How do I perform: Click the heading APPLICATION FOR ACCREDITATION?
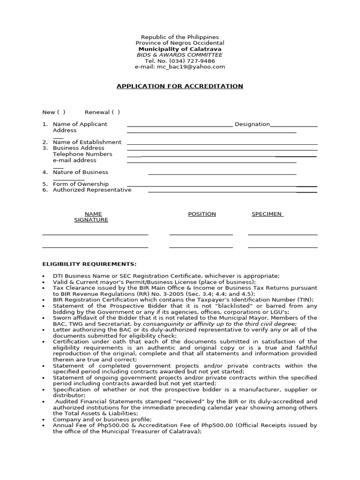pyautogui.click(x=180, y=86)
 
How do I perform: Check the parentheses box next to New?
pyautogui.click(x=61, y=112)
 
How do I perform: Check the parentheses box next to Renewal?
pyautogui.click(x=116, y=112)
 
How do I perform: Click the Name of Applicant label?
pyautogui.click(x=80, y=124)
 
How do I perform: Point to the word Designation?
pyautogui.click(x=252, y=124)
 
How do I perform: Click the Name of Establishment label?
pyautogui.click(x=87, y=142)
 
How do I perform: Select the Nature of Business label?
pyautogui.click(x=80, y=172)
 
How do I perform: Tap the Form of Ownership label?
pyautogui.click(x=81, y=184)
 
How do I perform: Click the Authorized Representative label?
pyautogui.click(x=92, y=190)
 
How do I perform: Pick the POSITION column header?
pyautogui.click(x=202, y=214)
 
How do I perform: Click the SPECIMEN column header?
pyautogui.click(x=267, y=214)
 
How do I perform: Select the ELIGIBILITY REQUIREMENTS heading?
pyautogui.click(x=90, y=264)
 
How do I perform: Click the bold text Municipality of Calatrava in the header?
pyautogui.click(x=180, y=49)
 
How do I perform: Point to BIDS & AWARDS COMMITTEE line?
pyautogui.click(x=180, y=55)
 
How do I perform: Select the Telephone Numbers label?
pyautogui.click(x=82, y=154)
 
